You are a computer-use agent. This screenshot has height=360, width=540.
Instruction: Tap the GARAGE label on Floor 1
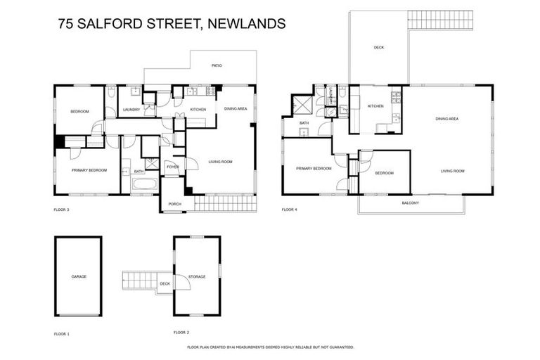click(79, 276)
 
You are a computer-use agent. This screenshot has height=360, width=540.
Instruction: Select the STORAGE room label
click(197, 276)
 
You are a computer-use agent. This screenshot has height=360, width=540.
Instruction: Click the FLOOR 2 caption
click(181, 332)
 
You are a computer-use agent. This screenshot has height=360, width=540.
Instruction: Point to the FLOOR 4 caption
click(290, 210)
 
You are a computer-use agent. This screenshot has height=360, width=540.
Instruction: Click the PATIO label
click(217, 66)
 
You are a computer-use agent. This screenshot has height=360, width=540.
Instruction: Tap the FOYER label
click(172, 167)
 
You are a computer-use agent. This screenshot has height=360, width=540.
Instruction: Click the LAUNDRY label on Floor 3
click(131, 110)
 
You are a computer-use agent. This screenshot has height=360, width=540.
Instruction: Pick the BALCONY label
click(410, 203)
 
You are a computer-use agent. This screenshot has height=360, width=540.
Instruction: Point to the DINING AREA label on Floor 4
click(446, 119)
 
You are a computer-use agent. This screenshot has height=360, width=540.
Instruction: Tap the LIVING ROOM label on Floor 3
click(220, 162)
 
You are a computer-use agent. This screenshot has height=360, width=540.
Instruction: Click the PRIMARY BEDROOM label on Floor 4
click(313, 169)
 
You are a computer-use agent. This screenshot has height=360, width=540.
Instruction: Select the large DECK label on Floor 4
click(379, 47)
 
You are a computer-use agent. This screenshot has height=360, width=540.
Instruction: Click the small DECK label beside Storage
click(165, 284)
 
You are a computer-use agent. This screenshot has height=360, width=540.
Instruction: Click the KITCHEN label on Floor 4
click(375, 106)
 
